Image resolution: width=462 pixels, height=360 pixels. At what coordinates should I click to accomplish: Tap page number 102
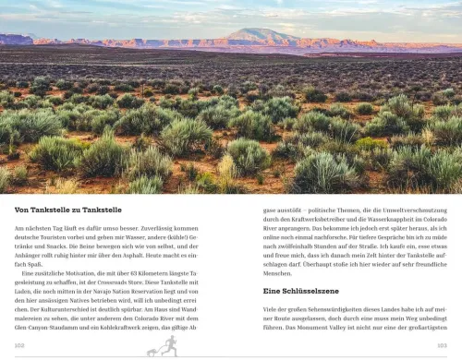click(x=19, y=345)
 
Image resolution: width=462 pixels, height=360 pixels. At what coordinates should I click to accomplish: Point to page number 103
click(x=442, y=345)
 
